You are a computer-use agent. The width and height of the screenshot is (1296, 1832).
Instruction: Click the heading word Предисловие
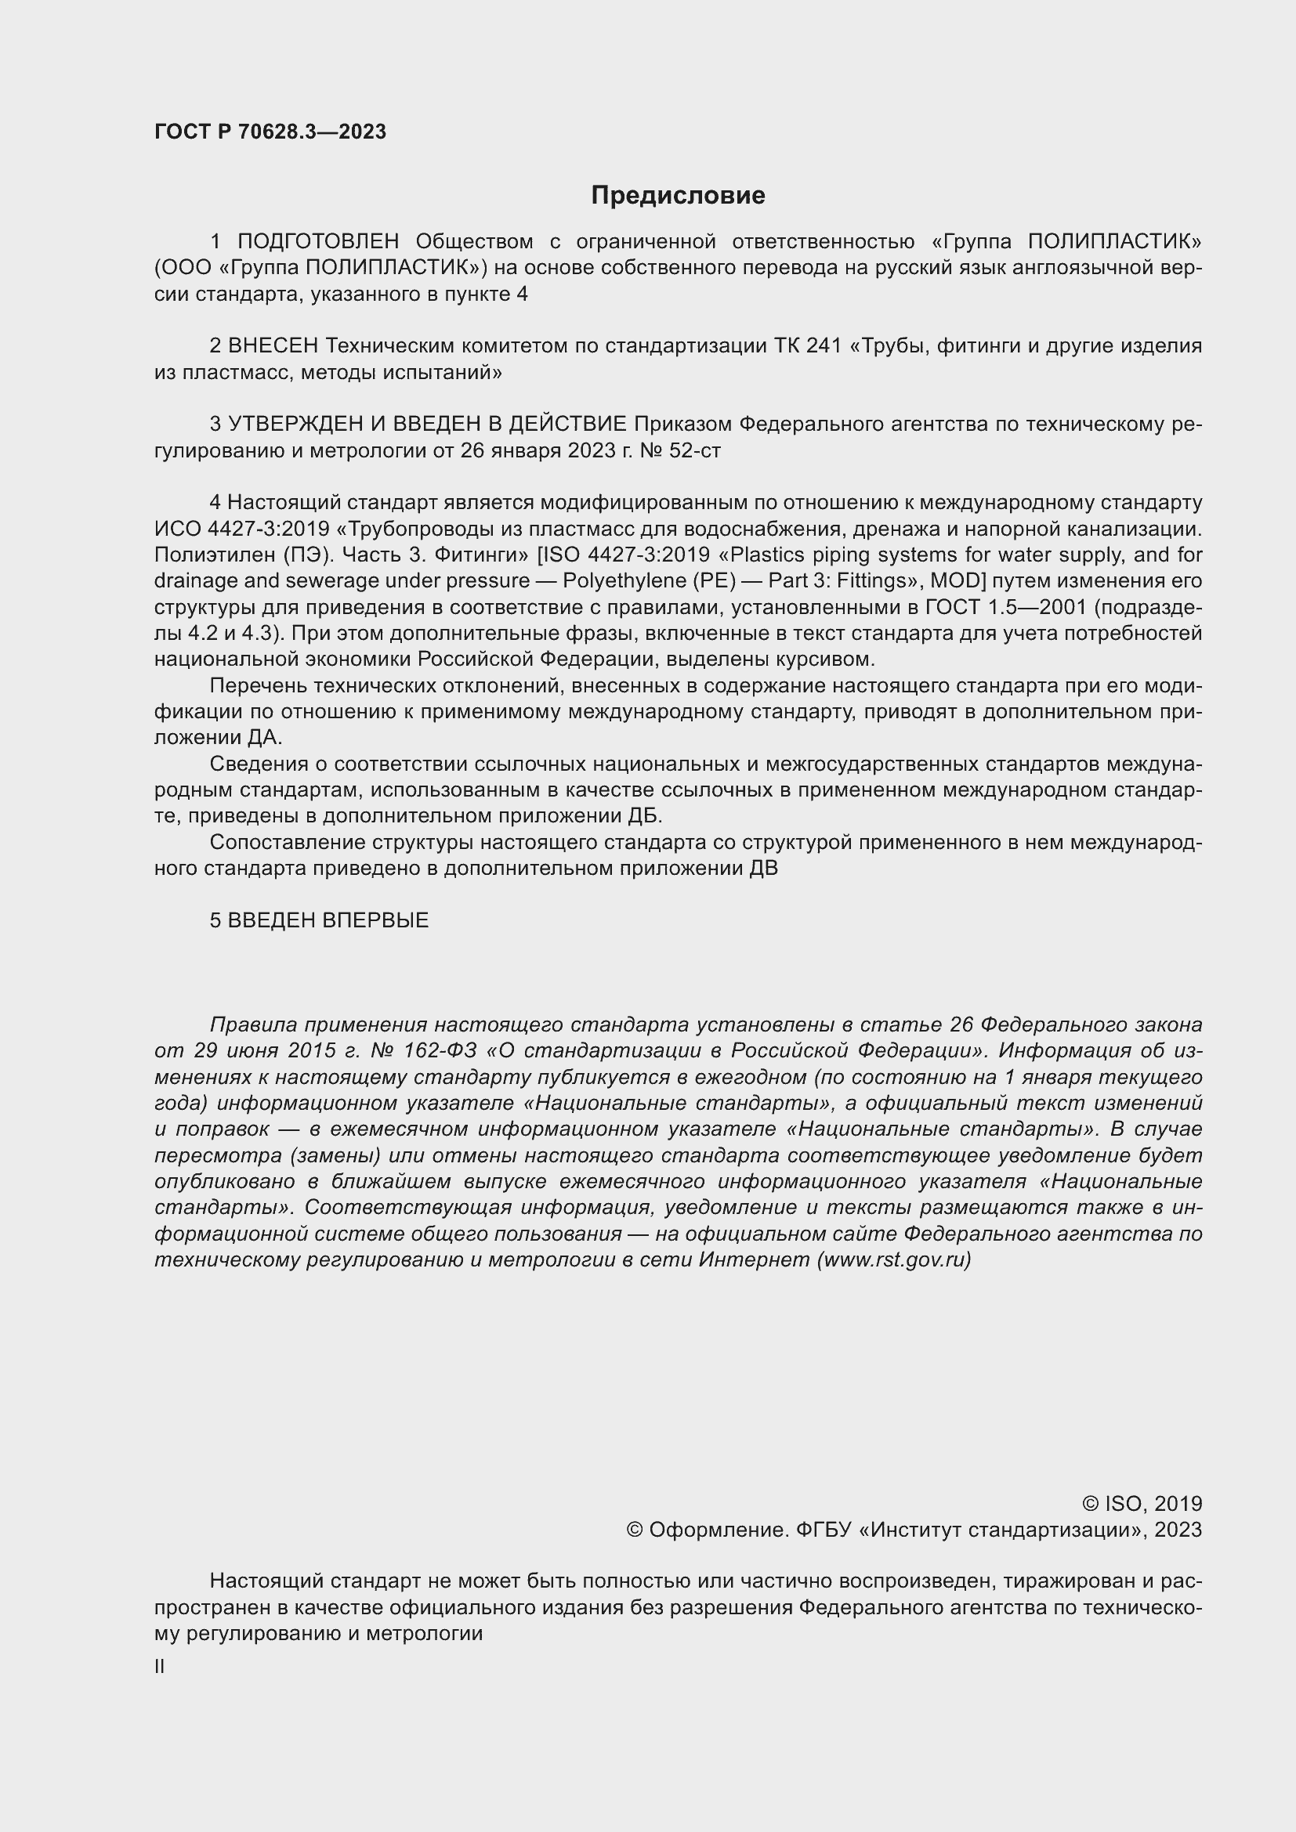click(x=678, y=196)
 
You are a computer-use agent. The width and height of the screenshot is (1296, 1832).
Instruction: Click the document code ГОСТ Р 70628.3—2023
click(x=270, y=132)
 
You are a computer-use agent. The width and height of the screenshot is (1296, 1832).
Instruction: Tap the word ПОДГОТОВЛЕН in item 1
click(x=317, y=241)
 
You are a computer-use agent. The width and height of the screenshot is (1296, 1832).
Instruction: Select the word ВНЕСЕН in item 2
click(x=273, y=345)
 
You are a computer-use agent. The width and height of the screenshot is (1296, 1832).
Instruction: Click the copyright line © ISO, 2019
click(x=1142, y=1504)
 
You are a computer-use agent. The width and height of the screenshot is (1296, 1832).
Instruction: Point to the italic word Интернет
click(x=754, y=1260)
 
